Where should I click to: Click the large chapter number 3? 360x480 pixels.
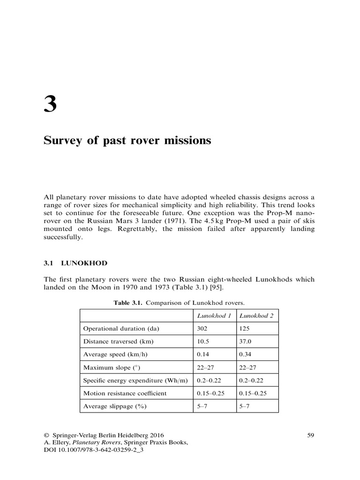click(x=50, y=103)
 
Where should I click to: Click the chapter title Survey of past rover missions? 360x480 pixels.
click(x=127, y=141)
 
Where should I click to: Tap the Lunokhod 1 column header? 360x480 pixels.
click(x=215, y=315)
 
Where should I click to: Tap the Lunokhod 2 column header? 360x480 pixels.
click(x=257, y=315)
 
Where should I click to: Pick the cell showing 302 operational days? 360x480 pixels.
click(x=202, y=329)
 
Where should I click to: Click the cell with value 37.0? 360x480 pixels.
click(x=246, y=341)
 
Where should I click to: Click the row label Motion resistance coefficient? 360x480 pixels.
click(x=125, y=393)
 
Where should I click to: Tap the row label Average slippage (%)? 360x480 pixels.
click(x=115, y=406)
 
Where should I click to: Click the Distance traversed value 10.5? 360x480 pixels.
click(x=203, y=341)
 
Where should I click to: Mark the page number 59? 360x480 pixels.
click(x=310, y=435)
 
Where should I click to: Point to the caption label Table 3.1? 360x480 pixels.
click(x=128, y=303)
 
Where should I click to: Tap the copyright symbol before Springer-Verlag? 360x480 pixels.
click(x=46, y=435)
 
